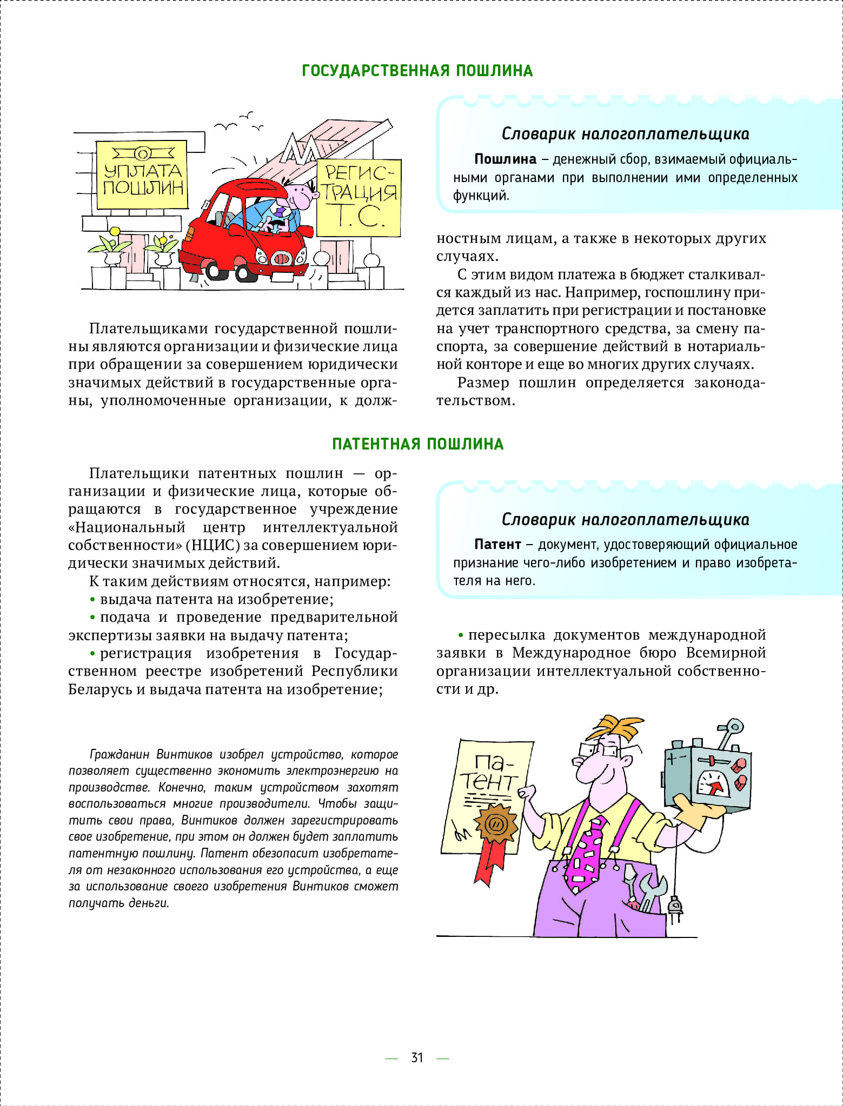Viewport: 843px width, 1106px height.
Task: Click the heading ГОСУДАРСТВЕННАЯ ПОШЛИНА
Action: tap(417, 71)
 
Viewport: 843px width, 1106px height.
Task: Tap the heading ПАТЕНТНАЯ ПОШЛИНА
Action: tap(417, 444)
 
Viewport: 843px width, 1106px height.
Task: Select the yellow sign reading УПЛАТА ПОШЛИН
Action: tap(142, 175)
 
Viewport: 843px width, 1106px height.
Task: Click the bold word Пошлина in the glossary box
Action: tap(505, 159)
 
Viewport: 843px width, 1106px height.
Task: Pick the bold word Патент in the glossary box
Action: tap(497, 544)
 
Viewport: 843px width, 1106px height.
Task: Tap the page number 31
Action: tap(416, 1057)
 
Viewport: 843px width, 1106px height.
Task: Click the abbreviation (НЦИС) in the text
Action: tap(213, 545)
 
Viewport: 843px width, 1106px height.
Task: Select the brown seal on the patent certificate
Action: tap(495, 824)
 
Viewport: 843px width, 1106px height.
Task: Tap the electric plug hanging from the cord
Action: tap(674, 905)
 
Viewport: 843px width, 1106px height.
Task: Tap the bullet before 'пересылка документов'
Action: tap(461, 635)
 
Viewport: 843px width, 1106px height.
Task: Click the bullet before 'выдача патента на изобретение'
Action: tap(92, 599)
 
